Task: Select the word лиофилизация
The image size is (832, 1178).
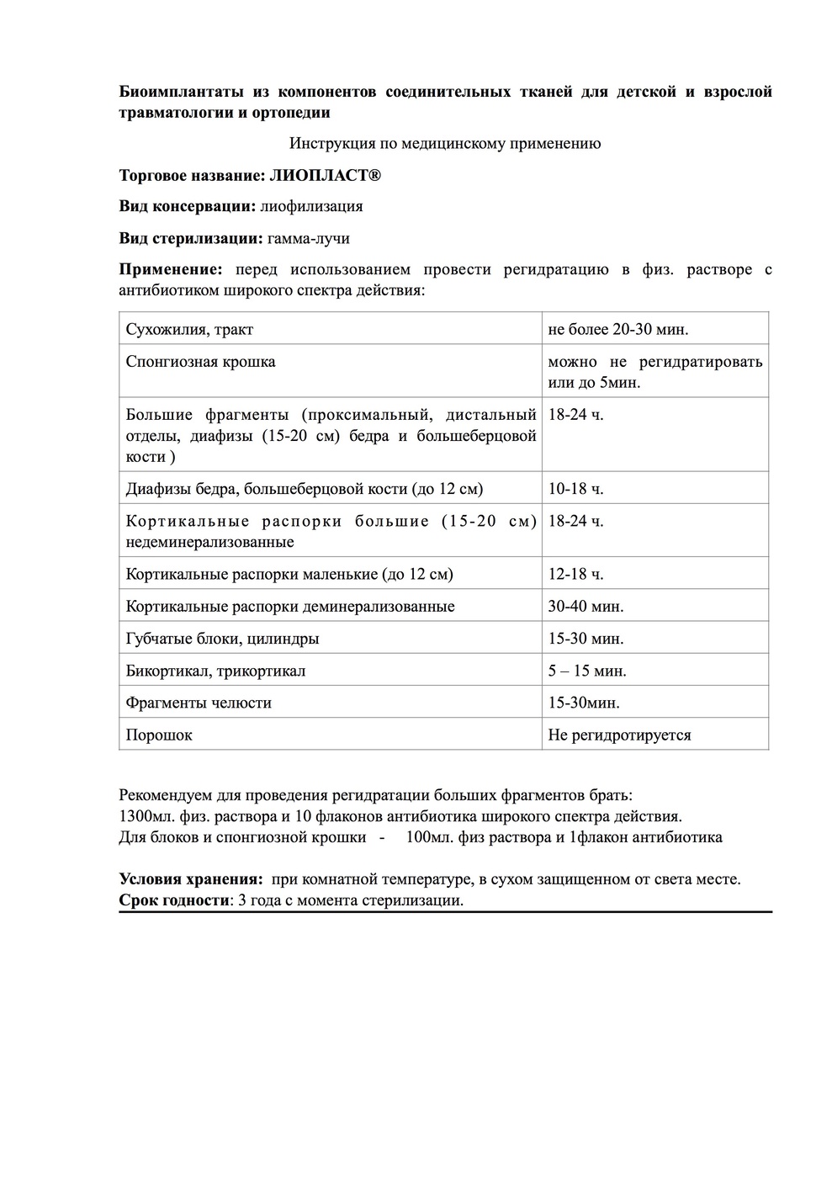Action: (x=311, y=206)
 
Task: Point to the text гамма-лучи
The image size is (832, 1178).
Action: (x=308, y=238)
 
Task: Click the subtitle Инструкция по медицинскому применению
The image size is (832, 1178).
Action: (x=445, y=143)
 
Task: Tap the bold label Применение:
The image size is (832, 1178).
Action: (x=171, y=270)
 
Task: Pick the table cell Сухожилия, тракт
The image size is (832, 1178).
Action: (x=189, y=329)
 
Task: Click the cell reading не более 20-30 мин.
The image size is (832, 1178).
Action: (x=618, y=329)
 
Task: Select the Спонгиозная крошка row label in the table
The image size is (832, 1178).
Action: (x=200, y=362)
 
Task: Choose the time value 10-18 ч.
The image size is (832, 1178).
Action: (x=575, y=489)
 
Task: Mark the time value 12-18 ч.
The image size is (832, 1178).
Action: (x=575, y=575)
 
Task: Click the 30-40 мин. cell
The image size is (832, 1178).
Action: (x=586, y=607)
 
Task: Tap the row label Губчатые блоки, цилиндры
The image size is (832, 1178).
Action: (x=222, y=639)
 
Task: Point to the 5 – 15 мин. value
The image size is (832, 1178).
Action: (x=587, y=671)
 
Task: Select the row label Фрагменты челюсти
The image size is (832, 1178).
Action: (x=199, y=703)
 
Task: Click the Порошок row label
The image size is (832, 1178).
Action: (x=159, y=735)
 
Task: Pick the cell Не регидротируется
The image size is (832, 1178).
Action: (x=619, y=735)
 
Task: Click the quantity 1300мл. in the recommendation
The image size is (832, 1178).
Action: (x=148, y=816)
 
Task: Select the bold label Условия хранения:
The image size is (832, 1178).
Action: (x=191, y=879)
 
